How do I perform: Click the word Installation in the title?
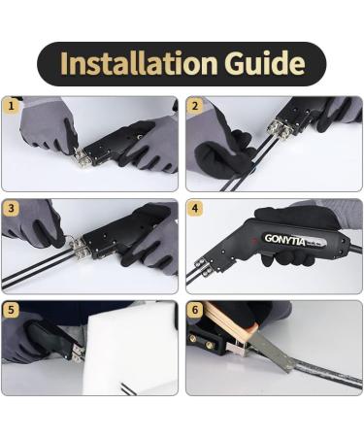(x=139, y=63)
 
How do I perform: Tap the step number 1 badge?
(x=12, y=106)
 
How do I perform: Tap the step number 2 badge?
(x=195, y=106)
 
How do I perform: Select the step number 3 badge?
(x=12, y=208)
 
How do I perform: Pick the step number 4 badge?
(x=195, y=208)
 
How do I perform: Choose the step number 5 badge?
(x=12, y=310)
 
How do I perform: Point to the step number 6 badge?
(x=195, y=310)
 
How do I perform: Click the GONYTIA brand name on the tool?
(x=284, y=240)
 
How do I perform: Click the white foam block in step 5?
(x=129, y=348)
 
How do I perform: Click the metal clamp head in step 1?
(x=83, y=158)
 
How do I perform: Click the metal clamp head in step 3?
(x=79, y=248)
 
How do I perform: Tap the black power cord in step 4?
(x=355, y=250)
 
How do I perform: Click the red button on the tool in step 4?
(x=255, y=241)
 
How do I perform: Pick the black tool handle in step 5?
(x=49, y=338)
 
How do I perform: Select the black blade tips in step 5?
(x=129, y=389)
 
